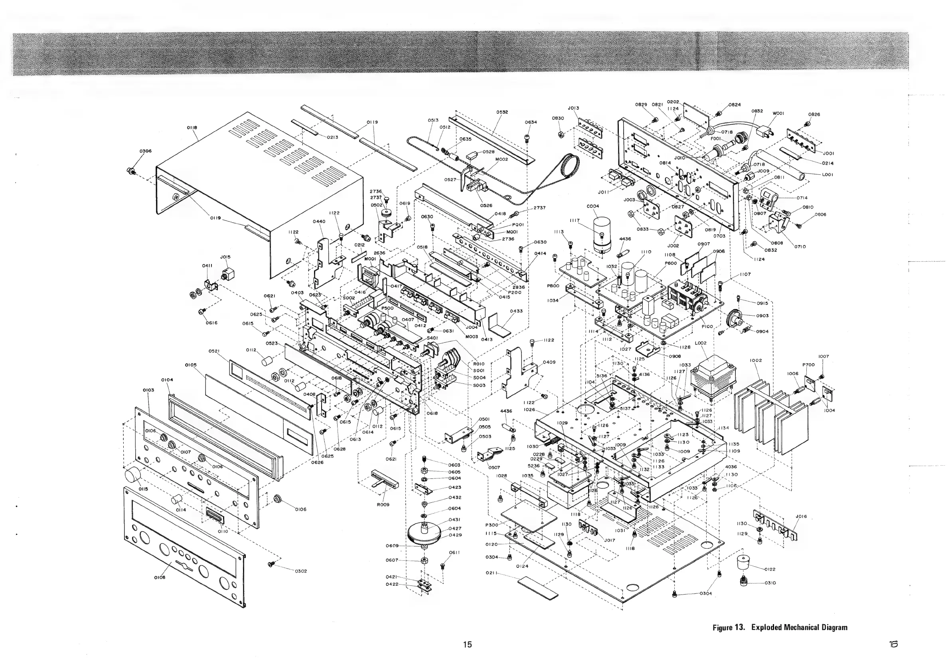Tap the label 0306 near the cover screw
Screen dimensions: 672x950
pos(145,151)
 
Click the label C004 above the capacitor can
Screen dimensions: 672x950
pos(593,206)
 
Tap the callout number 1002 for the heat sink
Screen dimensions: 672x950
pos(756,360)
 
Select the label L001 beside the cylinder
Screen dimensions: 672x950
pos(827,175)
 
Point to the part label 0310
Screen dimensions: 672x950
pos(770,583)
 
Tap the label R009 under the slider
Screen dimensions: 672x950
pos(383,505)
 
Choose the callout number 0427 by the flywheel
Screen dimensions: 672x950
pos(455,528)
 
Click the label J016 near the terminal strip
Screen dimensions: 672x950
pos(802,516)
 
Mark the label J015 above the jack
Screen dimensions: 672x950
pos(225,257)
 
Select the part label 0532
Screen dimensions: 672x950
pos(502,112)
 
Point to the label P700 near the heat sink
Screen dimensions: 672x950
pos(808,365)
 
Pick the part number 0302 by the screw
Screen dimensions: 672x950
pos(301,571)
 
